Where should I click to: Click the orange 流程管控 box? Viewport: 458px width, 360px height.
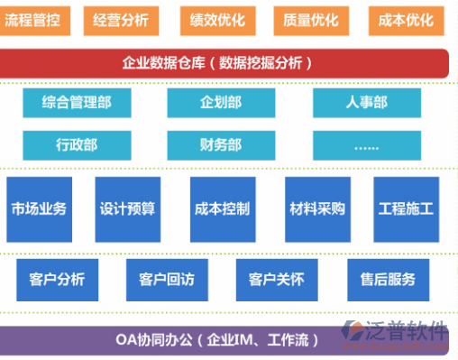coord(32,18)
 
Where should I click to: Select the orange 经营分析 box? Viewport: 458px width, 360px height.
coord(120,18)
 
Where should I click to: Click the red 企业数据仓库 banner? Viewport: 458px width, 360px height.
coord(224,62)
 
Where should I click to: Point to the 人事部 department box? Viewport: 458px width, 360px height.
coord(366,103)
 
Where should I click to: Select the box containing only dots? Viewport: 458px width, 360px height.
coord(366,144)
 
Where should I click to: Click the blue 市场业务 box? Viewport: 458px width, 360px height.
coord(39,208)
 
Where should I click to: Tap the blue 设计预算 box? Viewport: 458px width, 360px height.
coord(127,208)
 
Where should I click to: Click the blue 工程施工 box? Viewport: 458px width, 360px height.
coord(406,208)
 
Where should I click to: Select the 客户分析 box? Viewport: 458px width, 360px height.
coord(56,279)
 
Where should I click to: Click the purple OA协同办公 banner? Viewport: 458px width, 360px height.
coord(216,340)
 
